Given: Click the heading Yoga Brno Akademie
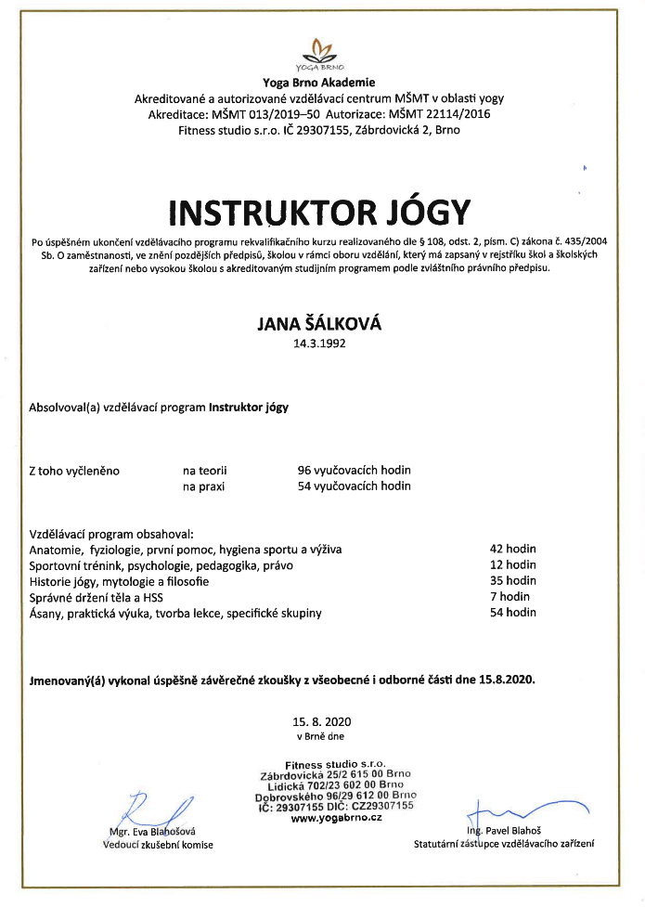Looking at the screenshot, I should coord(319,84).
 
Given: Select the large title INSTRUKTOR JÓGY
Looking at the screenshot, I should coord(319,212).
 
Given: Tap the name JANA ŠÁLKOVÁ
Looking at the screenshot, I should coord(319,324).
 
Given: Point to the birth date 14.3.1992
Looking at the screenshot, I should coord(319,343).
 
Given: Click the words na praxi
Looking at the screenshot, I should coord(203,486).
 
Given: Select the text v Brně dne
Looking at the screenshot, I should coord(320,736).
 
